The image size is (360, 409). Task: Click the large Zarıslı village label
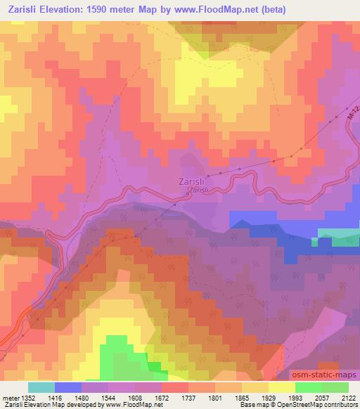click(x=193, y=181)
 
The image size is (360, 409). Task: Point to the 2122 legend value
click(x=348, y=397)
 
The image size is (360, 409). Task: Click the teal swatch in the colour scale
click(x=41, y=387)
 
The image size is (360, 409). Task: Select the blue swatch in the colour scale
click(x=68, y=387)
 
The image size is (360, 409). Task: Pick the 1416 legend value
click(x=54, y=397)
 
